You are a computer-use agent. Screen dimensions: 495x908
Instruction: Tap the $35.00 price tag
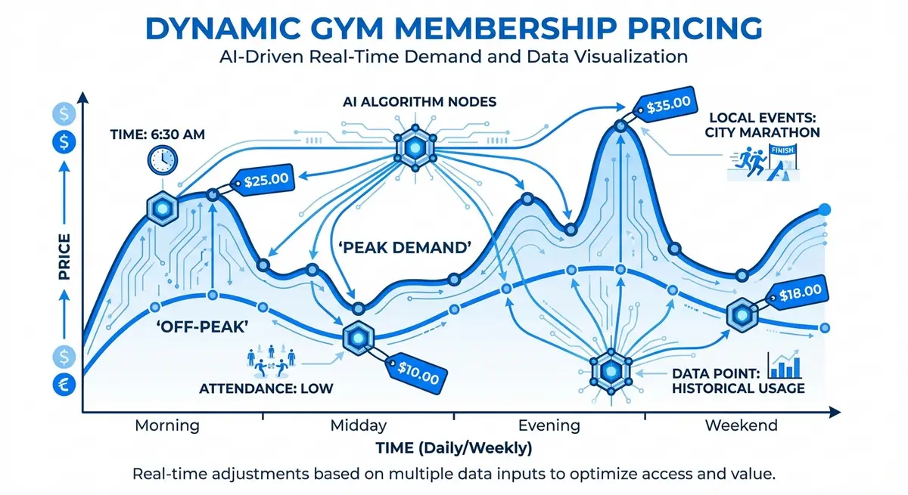(662, 105)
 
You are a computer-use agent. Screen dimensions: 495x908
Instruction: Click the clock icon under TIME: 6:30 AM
(161, 159)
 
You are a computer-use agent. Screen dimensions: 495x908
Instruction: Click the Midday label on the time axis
(359, 425)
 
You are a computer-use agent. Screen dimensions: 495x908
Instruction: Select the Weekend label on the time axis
(741, 425)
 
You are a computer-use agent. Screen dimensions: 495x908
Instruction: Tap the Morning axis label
(166, 425)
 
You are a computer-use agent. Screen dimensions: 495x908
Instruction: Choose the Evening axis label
(550, 425)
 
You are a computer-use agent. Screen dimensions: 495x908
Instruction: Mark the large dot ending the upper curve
(826, 210)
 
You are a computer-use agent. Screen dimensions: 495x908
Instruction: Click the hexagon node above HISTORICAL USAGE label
(610, 370)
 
